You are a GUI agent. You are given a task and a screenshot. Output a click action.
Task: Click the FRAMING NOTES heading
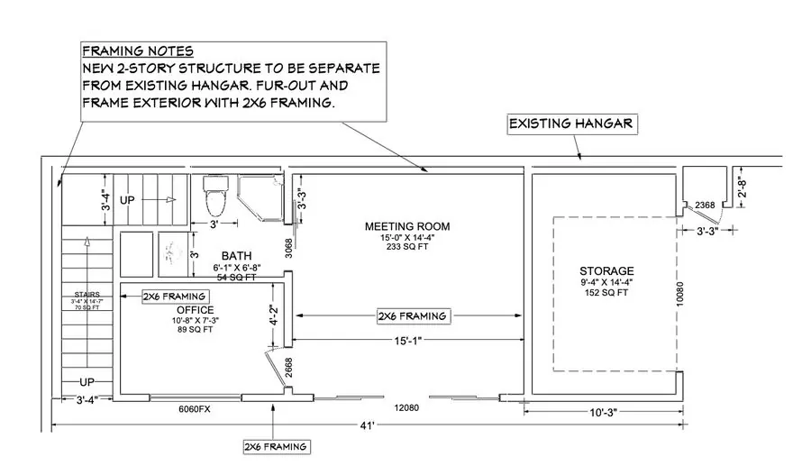[138, 51]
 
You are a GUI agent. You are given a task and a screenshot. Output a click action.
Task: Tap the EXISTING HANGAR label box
[572, 124]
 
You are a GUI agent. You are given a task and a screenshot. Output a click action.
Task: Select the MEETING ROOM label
[407, 226]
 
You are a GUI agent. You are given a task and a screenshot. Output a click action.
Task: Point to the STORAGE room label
[606, 271]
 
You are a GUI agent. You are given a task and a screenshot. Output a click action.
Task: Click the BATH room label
[236, 255]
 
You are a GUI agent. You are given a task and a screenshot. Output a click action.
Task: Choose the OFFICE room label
[195, 310]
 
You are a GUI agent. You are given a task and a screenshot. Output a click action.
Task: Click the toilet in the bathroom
[215, 196]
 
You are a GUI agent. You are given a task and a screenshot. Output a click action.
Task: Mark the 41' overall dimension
[368, 425]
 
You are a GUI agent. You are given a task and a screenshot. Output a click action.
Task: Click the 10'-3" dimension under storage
[604, 412]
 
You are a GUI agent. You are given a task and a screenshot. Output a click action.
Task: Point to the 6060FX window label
[195, 409]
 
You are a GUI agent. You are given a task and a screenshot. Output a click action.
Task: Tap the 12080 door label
[406, 408]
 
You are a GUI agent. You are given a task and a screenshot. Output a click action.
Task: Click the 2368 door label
[705, 205]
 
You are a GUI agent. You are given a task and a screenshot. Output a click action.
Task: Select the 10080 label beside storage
[680, 294]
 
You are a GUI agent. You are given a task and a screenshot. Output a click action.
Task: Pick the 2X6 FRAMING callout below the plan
[277, 447]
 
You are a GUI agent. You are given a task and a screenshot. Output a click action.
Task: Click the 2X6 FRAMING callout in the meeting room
[412, 316]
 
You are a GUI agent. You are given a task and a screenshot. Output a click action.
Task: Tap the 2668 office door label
[288, 367]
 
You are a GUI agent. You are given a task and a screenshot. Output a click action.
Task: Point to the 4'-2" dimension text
[274, 315]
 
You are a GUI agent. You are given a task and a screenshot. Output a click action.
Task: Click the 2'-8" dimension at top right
[743, 187]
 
